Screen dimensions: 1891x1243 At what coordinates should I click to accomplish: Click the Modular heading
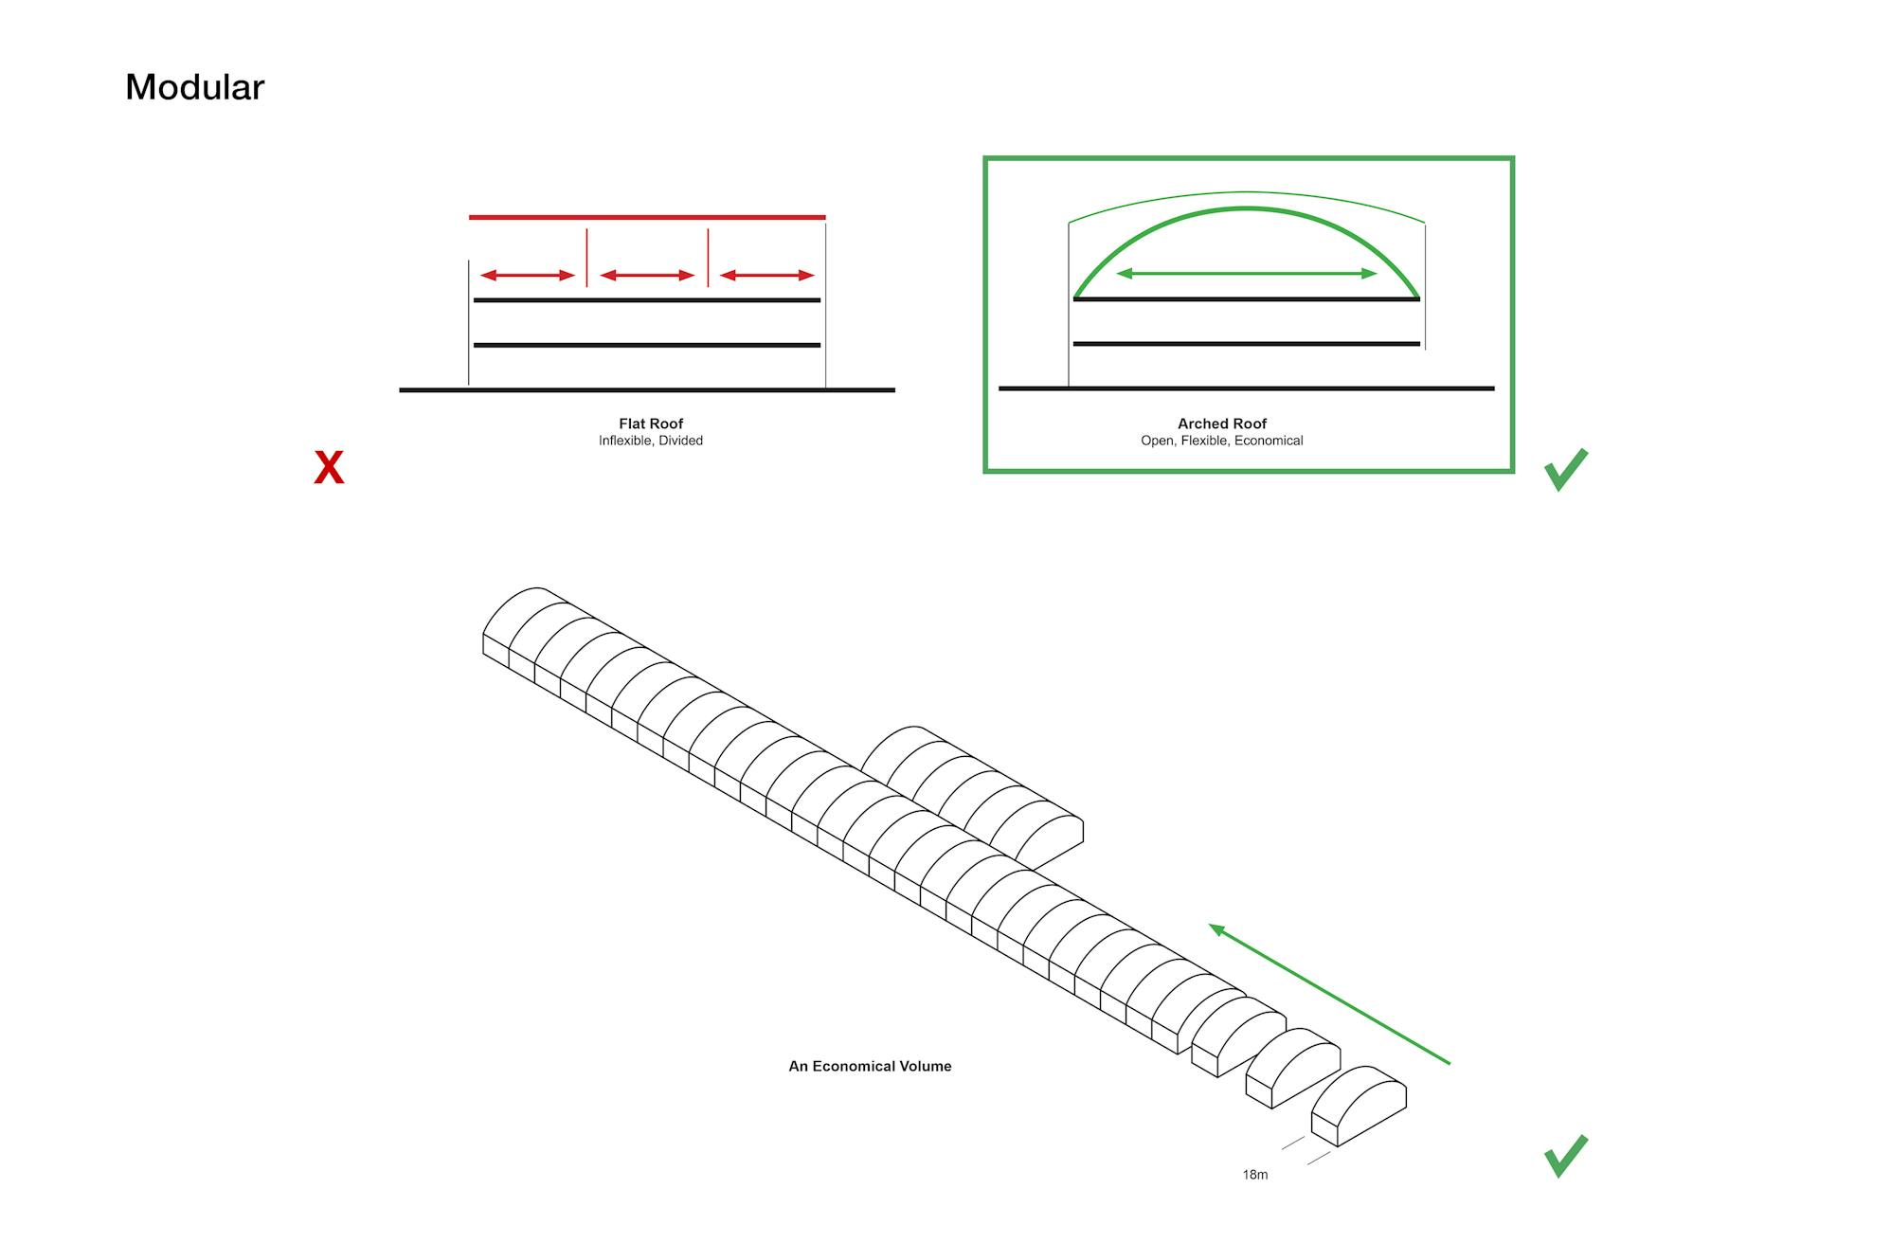tap(194, 87)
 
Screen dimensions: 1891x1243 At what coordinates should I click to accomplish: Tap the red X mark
tap(329, 468)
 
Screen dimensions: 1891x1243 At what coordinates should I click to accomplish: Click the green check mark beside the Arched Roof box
tap(1565, 470)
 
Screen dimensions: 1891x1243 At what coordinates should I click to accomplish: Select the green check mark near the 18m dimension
tap(1565, 1156)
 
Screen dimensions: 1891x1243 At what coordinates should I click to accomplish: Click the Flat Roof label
tap(651, 423)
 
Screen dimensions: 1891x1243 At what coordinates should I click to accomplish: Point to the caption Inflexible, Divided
tap(651, 441)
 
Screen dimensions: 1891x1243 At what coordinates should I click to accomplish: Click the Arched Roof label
tap(1222, 423)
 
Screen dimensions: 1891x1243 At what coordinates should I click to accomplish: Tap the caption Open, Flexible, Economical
tap(1222, 441)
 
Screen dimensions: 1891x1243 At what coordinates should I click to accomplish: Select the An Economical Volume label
tap(870, 1066)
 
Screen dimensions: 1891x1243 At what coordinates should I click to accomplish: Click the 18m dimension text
tap(1255, 1175)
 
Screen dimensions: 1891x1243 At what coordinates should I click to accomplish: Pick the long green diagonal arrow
tap(1329, 994)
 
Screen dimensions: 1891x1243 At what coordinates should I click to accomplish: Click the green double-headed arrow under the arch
tap(1247, 274)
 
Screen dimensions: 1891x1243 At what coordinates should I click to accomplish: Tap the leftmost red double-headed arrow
tap(528, 276)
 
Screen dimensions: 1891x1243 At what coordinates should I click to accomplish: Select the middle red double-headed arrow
tap(647, 276)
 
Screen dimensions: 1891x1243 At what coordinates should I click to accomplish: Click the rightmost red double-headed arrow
tap(767, 276)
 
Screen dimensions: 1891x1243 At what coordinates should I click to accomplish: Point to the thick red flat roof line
tap(647, 217)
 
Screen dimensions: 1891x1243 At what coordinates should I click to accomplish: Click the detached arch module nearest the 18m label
tap(1359, 1106)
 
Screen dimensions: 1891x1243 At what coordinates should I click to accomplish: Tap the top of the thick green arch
tap(1247, 208)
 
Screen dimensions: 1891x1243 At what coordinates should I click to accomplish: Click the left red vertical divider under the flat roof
tap(586, 257)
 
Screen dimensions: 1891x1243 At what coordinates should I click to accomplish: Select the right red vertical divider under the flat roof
tap(708, 257)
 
